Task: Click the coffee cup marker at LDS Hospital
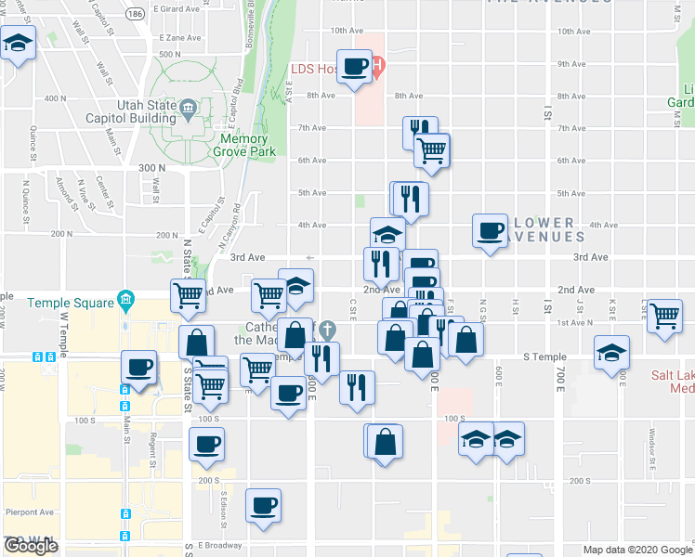click(x=355, y=67)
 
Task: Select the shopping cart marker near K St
click(x=665, y=317)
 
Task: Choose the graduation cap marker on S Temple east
click(x=611, y=353)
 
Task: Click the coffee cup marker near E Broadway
click(x=264, y=506)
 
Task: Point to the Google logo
click(x=31, y=546)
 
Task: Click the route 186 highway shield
click(x=137, y=15)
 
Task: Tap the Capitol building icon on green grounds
click(x=189, y=109)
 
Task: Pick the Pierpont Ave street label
click(x=24, y=511)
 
